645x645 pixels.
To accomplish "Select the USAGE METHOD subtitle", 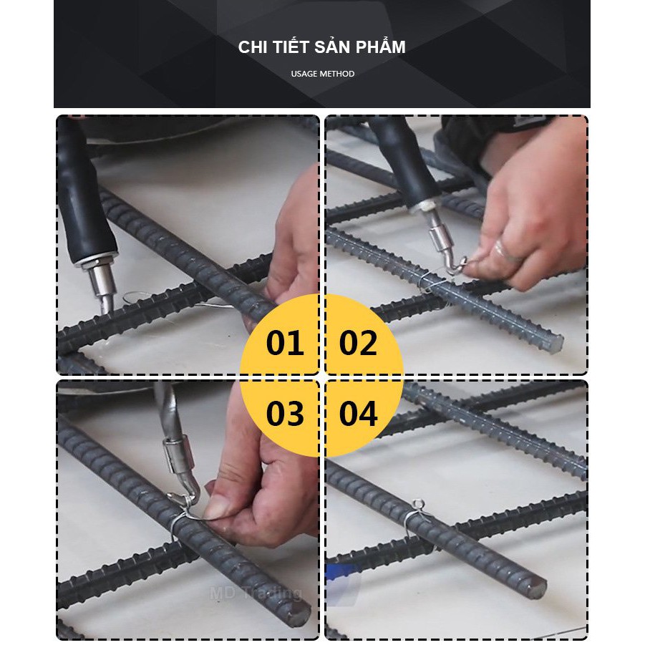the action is point(322,74).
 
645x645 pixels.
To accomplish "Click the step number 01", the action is point(285,343).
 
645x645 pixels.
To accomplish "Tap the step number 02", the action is point(358,343).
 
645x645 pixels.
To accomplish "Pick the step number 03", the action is point(285,413).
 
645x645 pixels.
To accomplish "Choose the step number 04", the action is point(358,413).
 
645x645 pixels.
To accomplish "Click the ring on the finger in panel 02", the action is point(507,252).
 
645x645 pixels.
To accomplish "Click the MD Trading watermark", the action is point(256,593).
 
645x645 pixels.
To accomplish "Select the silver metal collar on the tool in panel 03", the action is point(178,455).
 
